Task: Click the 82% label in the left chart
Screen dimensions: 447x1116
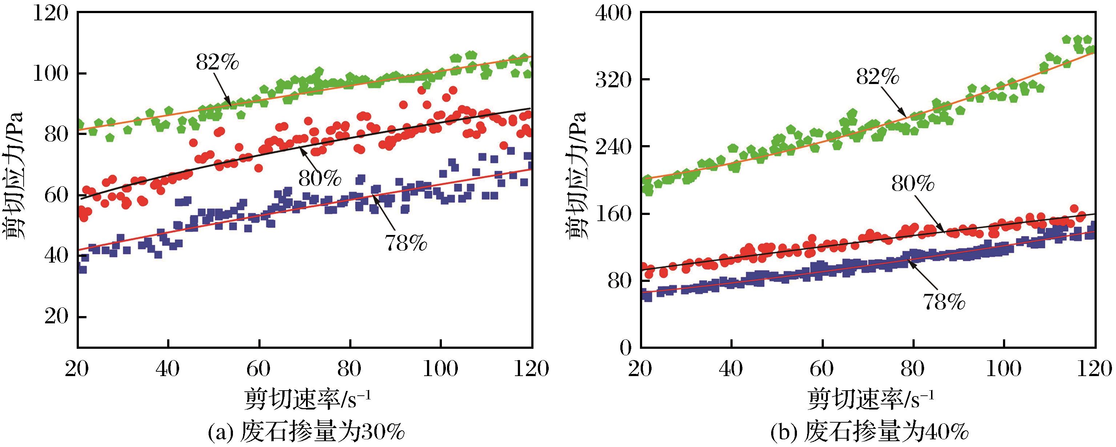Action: pos(217,63)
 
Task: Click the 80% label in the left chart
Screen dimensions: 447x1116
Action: pos(319,178)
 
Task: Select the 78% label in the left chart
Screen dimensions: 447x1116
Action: pos(405,244)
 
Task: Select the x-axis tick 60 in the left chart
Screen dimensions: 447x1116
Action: pos(259,370)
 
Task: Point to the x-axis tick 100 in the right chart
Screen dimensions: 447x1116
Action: pos(1004,370)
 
